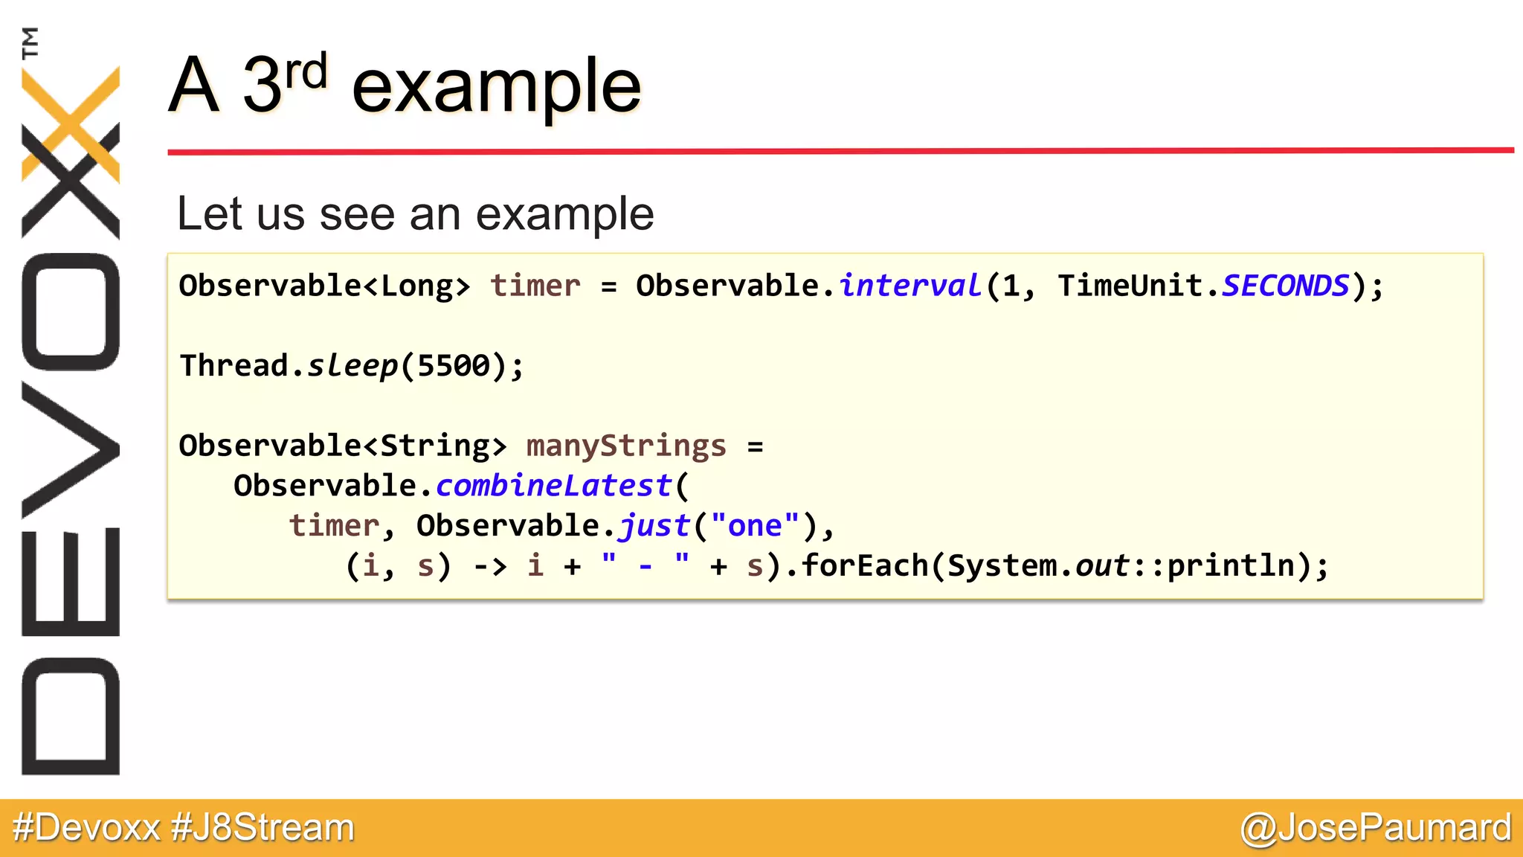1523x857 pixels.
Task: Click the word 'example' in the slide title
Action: point(496,88)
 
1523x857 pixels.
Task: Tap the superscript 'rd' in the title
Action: point(306,72)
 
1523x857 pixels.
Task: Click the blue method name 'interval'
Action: point(910,286)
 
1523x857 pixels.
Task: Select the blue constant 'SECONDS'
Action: point(1285,286)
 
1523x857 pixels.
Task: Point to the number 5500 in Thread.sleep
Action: point(454,366)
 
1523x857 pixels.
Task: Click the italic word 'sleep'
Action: point(352,366)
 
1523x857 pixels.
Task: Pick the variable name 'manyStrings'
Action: point(626,446)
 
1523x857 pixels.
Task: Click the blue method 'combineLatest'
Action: point(554,486)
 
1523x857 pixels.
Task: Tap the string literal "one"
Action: point(755,526)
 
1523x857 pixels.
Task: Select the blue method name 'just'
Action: point(654,526)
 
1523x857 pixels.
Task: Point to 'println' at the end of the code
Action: point(1231,566)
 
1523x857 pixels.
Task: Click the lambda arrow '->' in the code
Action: point(490,566)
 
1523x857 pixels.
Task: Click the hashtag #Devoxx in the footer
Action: point(86,828)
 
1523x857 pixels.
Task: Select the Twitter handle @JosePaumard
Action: point(1376,828)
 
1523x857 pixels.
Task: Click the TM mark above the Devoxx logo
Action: point(30,43)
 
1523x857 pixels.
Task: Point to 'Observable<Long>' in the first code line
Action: point(325,286)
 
